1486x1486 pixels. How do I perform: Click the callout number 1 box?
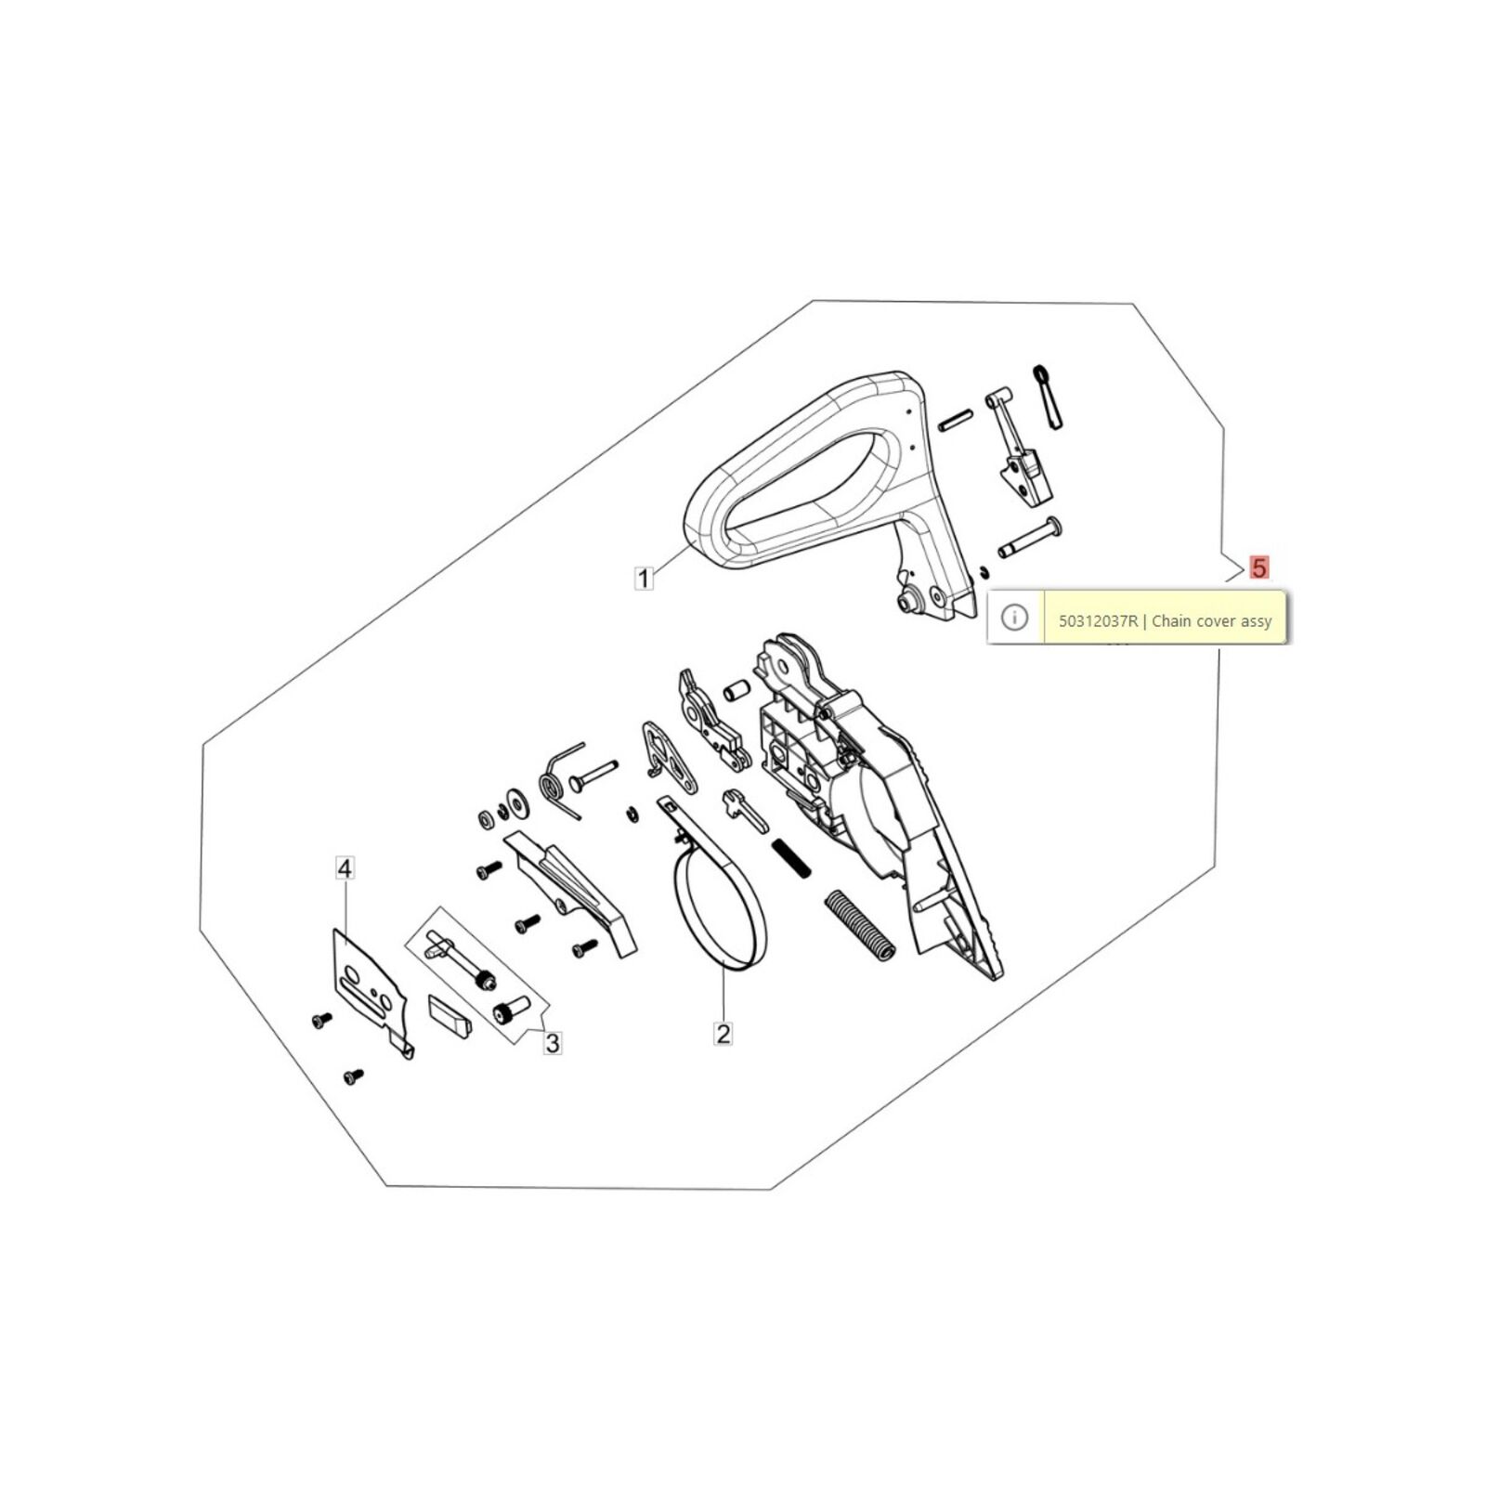(x=643, y=578)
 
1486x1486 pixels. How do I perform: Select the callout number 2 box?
(x=723, y=1033)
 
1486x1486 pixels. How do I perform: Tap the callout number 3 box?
(x=552, y=1043)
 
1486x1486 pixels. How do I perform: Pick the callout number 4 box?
(x=345, y=868)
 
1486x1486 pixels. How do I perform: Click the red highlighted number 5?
(x=1259, y=567)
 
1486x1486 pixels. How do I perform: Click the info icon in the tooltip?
(x=1014, y=617)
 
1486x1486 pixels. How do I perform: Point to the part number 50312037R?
(x=1098, y=621)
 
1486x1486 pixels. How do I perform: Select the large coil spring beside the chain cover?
(x=860, y=925)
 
